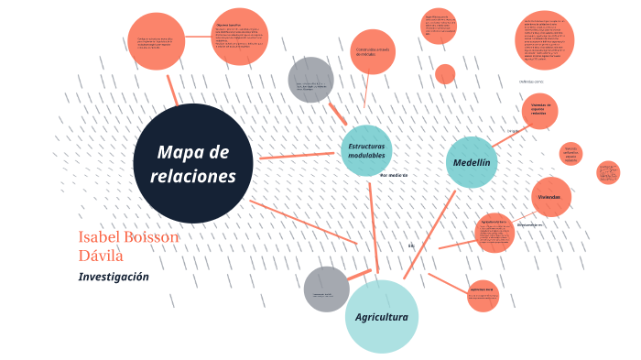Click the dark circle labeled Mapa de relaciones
click(x=193, y=163)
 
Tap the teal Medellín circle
click(x=472, y=162)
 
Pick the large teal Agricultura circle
click(x=382, y=317)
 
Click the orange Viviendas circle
click(x=550, y=197)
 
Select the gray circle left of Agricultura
click(x=326, y=289)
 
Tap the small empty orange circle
click(x=445, y=74)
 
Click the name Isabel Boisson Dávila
click(x=128, y=245)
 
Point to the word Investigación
click(x=114, y=277)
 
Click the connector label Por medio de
click(x=393, y=174)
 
